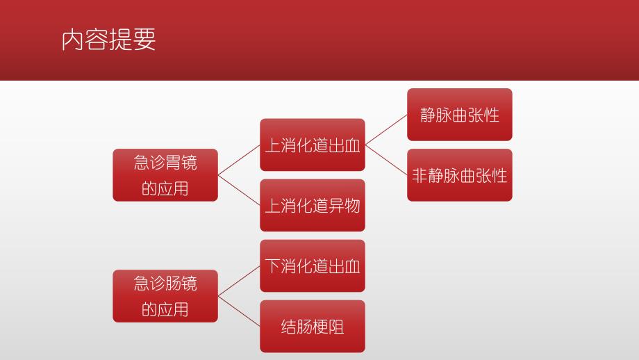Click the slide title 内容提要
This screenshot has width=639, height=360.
pos(108,39)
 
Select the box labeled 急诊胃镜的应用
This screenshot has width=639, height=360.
pos(165,175)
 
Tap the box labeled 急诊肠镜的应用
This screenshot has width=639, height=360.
pos(165,296)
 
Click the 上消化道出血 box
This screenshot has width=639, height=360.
pos(313,145)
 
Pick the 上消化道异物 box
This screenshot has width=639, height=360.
pos(313,205)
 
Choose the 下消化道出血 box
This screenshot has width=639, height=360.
pos(313,265)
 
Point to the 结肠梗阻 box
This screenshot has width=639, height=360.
pos(313,326)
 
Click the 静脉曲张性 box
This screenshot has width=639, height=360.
pos(459,115)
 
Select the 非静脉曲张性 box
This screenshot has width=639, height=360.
pos(459,175)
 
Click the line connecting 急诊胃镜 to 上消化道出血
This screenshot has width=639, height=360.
pos(239,160)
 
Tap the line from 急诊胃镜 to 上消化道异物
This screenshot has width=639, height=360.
pos(239,190)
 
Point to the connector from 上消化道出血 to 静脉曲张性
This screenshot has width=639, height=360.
pos(386,129)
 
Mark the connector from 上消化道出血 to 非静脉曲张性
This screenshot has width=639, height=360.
pos(386,160)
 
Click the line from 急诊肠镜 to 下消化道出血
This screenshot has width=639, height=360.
pos(239,281)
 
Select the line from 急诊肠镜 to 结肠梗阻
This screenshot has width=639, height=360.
pos(239,311)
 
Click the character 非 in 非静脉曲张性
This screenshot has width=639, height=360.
pos(420,175)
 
